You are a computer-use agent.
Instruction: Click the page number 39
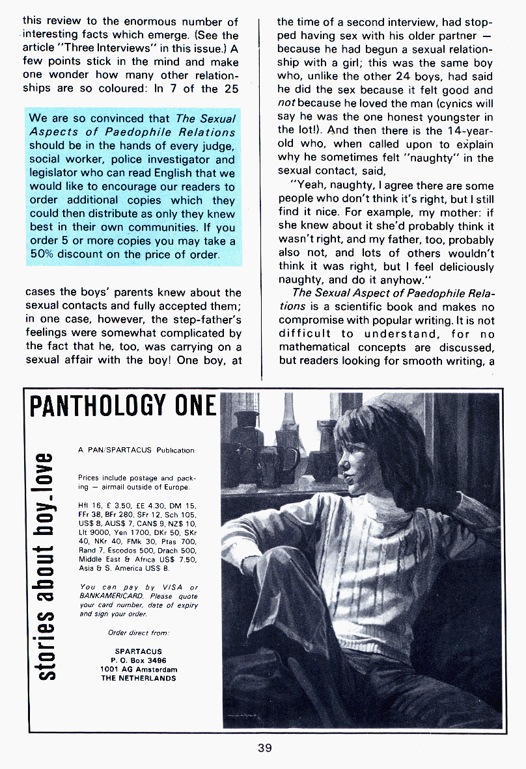(264, 748)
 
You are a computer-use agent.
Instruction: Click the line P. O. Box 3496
(139, 660)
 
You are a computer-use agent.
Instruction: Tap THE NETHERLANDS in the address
(139, 678)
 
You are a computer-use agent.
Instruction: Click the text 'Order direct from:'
(139, 632)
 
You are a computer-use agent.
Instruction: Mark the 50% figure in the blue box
(40, 254)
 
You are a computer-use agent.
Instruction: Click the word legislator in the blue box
(54, 173)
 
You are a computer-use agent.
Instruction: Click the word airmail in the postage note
(107, 486)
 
